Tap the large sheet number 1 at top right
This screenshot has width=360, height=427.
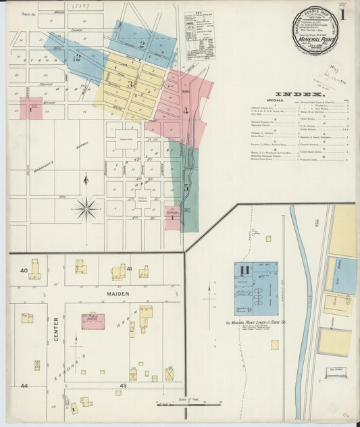coord(344,15)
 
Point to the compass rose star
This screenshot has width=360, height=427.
coord(86,209)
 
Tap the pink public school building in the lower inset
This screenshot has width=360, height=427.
coord(93,321)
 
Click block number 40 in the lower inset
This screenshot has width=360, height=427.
coord(23,270)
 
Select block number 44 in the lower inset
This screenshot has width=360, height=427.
coord(24,385)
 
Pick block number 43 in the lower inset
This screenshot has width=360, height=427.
coord(124,385)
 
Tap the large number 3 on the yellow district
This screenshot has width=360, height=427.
coord(130,84)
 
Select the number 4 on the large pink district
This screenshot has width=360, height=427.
coord(185,109)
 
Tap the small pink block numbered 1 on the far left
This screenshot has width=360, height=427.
coord(30,108)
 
